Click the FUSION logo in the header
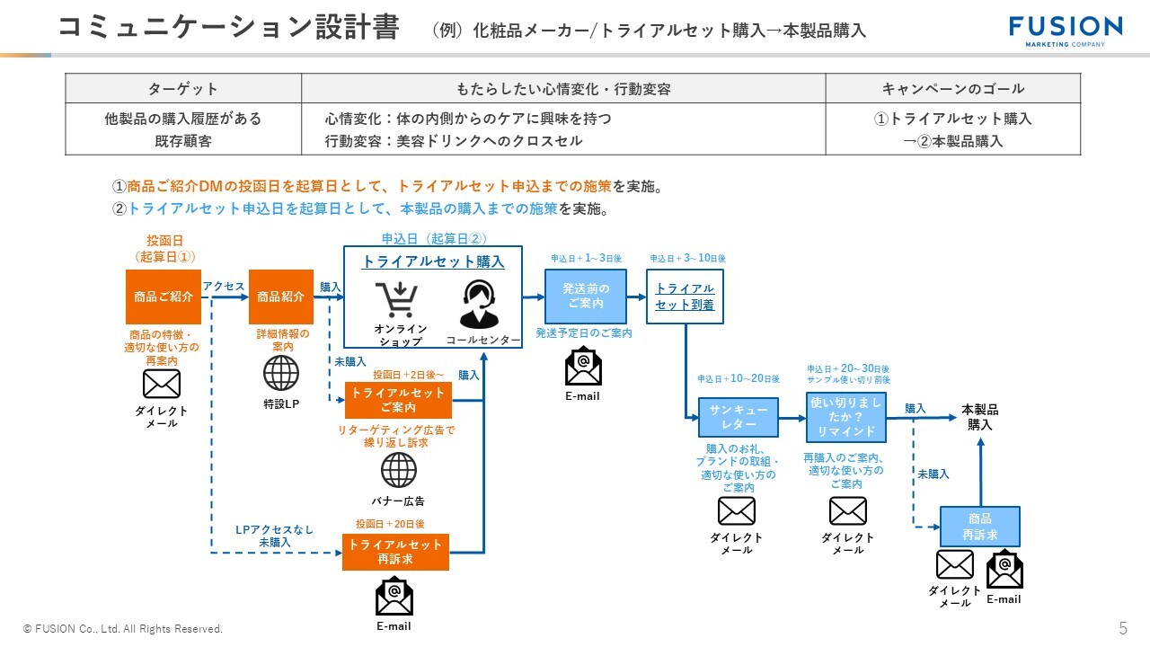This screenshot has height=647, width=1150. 1065,30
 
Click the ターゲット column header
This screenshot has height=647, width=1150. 182,88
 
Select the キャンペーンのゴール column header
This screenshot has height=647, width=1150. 952,88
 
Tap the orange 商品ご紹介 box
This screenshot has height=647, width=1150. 163,297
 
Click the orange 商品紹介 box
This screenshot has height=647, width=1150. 281,297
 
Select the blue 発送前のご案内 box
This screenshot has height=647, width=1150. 586,296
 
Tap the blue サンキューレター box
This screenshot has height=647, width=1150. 739,417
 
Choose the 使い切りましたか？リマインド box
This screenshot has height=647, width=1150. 845,417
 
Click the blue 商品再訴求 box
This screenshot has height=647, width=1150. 979,527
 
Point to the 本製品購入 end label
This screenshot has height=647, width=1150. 979,417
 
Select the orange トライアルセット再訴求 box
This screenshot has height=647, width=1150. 395,551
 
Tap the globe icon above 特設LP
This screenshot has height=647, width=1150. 281,374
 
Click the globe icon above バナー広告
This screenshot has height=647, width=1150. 399,470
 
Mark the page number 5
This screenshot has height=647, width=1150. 1122,627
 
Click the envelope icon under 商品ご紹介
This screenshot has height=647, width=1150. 162,384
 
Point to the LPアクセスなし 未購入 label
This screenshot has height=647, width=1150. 274,536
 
